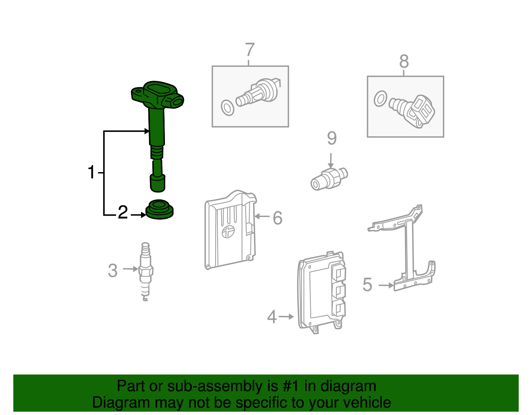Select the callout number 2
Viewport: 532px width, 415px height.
pos(123,212)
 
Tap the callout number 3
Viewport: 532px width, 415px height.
pos(113,270)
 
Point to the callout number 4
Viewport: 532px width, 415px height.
pos(272,316)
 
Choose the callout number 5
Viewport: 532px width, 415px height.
pos(367,285)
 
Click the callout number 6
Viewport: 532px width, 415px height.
pos(277,218)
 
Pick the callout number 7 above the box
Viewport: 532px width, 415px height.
pos(250,49)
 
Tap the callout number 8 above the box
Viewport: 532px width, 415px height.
pos(404,61)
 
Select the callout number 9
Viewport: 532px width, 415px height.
pos(332,138)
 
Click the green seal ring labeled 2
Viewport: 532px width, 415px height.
pos(159,210)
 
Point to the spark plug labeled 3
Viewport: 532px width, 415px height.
pos(146,271)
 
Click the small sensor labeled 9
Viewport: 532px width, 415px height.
pos(329,179)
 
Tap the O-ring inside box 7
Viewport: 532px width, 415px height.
pos(227,108)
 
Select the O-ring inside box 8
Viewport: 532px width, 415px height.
pos(380,99)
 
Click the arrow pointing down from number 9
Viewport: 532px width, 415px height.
pos(331,161)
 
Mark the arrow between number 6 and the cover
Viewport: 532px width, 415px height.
pos(262,216)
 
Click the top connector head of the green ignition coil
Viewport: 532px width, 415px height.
pos(157,95)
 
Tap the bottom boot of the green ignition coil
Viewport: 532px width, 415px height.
pos(158,183)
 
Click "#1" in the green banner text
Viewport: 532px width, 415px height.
pos(291,386)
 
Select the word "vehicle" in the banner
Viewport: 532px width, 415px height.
pos(367,402)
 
